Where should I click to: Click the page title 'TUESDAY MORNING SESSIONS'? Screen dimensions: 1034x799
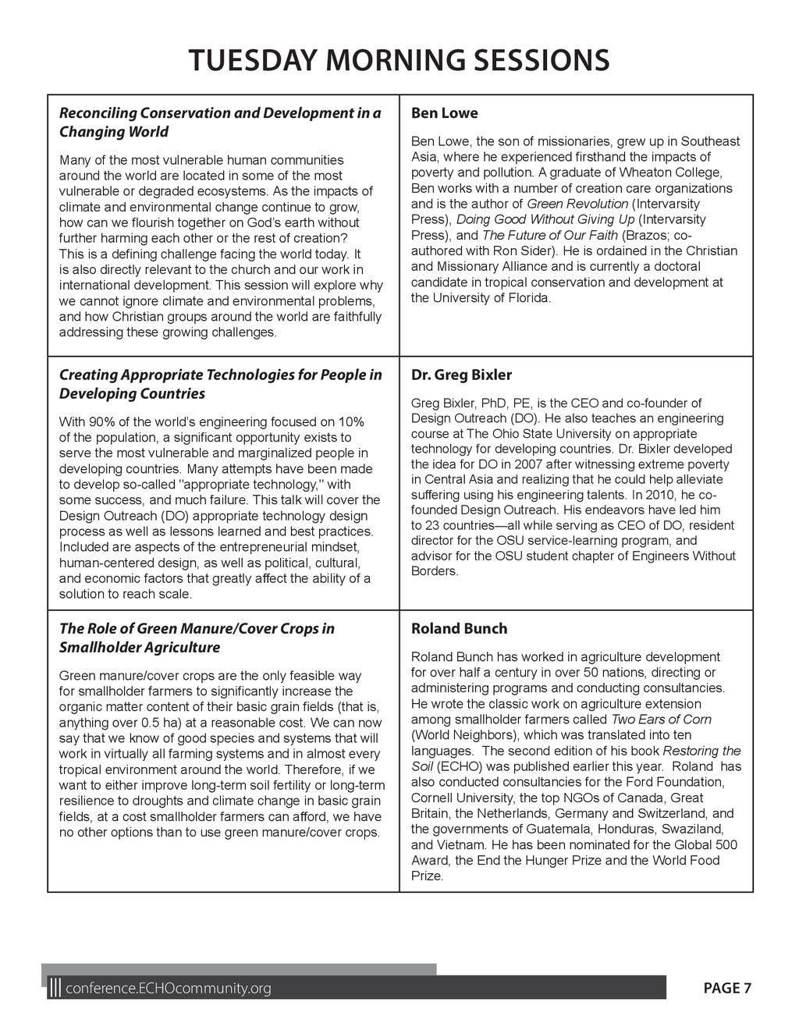(x=399, y=60)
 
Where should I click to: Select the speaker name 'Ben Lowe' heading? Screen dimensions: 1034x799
(x=444, y=113)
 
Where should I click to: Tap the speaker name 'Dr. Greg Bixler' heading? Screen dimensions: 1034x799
(x=461, y=375)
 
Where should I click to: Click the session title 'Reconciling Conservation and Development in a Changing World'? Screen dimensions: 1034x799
(x=220, y=122)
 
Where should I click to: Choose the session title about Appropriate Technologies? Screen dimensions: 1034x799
(x=220, y=384)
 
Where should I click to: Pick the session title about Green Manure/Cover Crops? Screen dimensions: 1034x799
(x=197, y=638)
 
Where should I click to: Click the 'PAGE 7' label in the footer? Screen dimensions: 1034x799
(x=727, y=989)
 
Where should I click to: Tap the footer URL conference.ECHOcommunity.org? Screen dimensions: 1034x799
(x=169, y=990)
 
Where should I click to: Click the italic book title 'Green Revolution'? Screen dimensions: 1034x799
(x=577, y=204)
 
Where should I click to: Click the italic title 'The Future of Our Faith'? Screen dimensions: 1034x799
(x=549, y=235)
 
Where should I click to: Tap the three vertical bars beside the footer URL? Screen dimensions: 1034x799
(x=55, y=989)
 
